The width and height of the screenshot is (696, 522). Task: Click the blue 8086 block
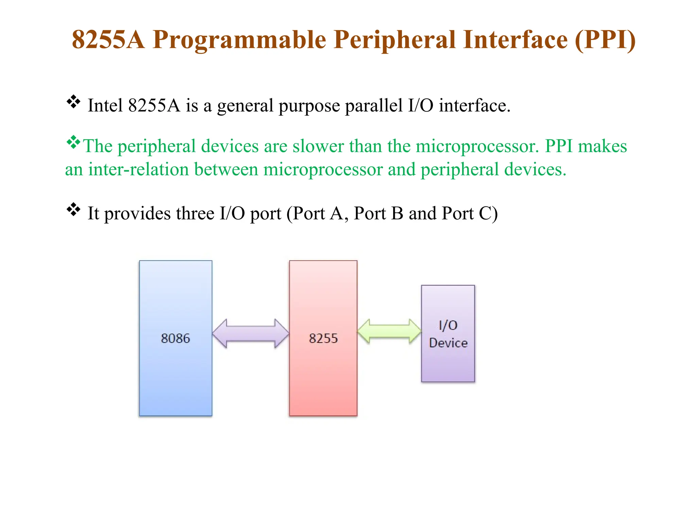point(175,374)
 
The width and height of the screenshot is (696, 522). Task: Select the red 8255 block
point(323,374)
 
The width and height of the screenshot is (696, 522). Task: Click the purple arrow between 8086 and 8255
point(250,333)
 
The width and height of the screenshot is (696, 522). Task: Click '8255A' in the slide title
point(108,40)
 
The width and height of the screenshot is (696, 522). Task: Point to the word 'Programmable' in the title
point(239,40)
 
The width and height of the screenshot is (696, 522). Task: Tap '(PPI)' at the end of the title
point(605,40)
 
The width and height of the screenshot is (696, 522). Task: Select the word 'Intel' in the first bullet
point(105,105)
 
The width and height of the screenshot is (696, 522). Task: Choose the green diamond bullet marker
point(73,142)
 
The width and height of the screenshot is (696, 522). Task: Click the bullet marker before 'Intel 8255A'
point(73,102)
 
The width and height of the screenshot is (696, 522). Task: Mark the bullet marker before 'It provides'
point(73,210)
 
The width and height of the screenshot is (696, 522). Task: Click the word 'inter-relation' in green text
point(138,169)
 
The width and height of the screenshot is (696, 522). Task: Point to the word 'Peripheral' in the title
point(395,40)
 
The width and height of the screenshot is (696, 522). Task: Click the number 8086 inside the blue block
point(175,338)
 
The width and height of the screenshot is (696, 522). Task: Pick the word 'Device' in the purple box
point(448,343)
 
